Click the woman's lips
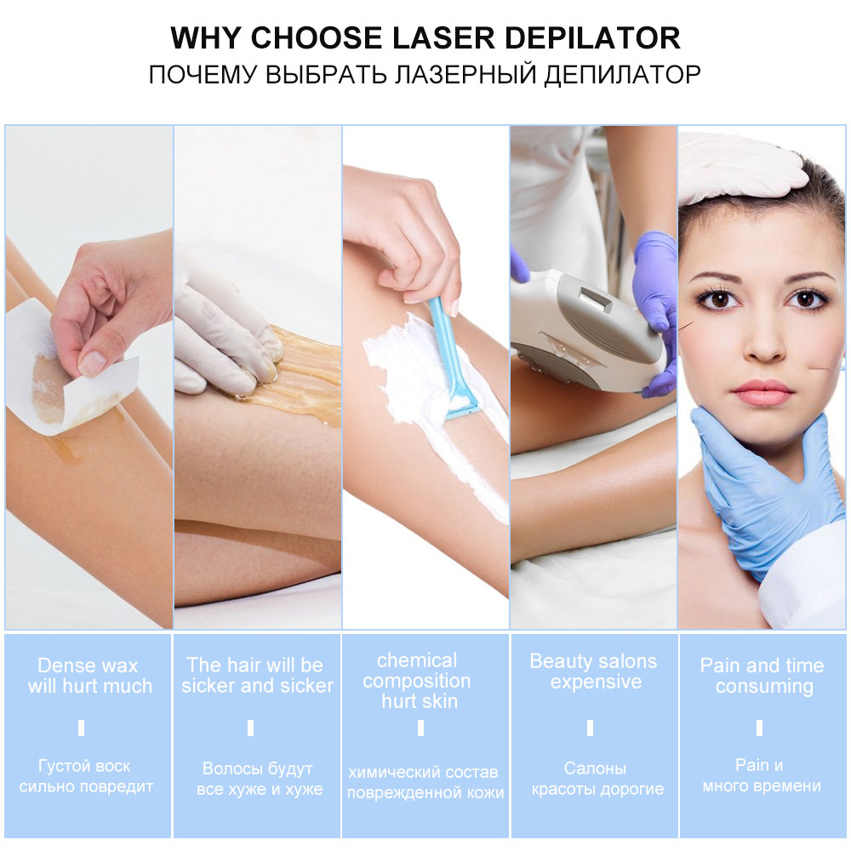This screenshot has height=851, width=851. pyautogui.click(x=762, y=392)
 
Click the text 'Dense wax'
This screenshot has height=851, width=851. pyautogui.click(x=88, y=665)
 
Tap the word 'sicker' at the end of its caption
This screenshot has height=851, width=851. pyautogui.click(x=303, y=686)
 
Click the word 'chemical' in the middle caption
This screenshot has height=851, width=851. pyautogui.click(x=416, y=660)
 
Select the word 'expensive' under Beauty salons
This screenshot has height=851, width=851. pyautogui.click(x=596, y=683)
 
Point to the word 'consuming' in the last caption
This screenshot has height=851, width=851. pyautogui.click(x=763, y=687)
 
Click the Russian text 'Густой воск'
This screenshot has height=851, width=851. pyautogui.click(x=85, y=766)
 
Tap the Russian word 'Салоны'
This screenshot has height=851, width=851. pyautogui.click(x=595, y=768)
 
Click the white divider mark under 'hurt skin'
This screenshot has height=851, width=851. pyautogui.click(x=420, y=728)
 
